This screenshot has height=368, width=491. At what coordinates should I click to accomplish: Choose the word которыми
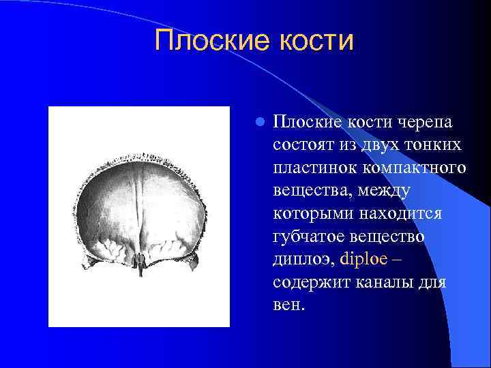coord(311,214)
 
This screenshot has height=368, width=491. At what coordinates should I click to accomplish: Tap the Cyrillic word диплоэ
coord(303,260)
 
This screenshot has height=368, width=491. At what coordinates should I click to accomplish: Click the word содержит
coord(311,282)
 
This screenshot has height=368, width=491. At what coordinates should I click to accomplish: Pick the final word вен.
coord(288,305)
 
